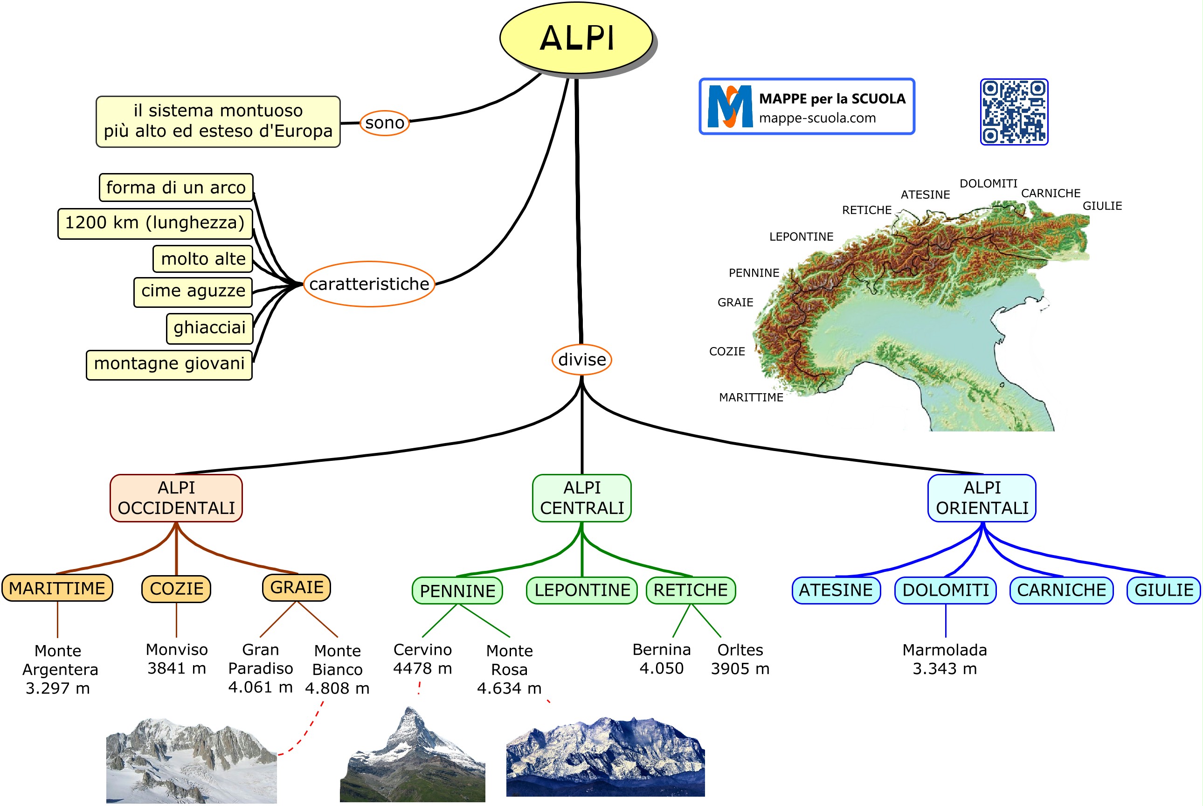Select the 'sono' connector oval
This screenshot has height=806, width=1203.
pos(384,123)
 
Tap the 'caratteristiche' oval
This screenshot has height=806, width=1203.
pos(369,284)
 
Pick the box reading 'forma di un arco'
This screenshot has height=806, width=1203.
pos(176,188)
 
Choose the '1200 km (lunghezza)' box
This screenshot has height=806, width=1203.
pos(155,223)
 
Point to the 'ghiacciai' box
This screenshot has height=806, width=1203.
pos(210,327)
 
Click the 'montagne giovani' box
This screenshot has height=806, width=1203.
pos(169,364)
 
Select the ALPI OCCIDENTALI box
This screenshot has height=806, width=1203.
pos(176,498)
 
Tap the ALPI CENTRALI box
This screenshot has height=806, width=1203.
pos(582,498)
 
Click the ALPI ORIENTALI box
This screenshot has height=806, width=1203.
pos(982,498)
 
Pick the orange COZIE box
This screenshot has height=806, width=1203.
pos(176,588)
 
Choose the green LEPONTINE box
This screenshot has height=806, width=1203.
pos(582,590)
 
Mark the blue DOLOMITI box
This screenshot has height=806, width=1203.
pos(945,590)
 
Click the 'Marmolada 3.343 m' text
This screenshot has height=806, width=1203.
pos(945,659)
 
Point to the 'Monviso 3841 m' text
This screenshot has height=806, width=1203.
pos(177,659)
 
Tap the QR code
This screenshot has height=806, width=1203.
pos(1013,111)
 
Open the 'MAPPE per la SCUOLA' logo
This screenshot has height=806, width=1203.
pos(806,106)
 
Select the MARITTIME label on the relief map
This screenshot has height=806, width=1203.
pos(751,397)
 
